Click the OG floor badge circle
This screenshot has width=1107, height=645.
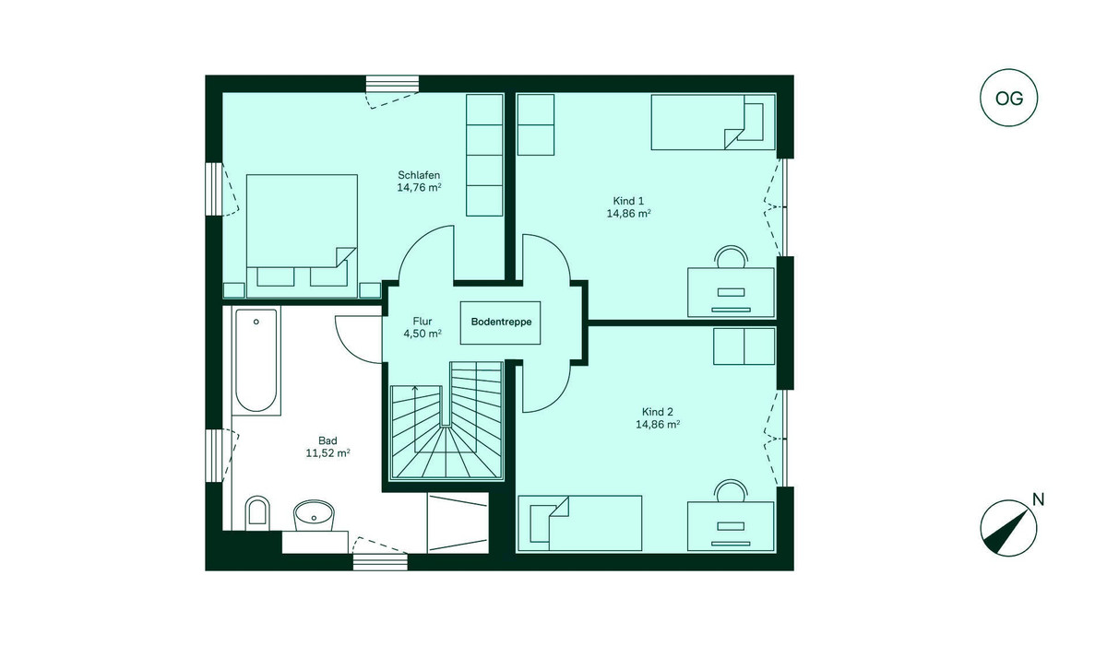[1009, 100]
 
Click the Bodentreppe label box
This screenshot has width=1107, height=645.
[501, 322]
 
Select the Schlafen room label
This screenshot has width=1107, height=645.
[419, 175]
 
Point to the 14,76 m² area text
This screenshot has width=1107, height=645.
[419, 188]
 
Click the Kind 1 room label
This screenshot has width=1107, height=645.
[628, 200]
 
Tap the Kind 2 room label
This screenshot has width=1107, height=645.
[657, 411]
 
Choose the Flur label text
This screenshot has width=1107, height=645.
[423, 322]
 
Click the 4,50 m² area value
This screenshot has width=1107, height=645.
[423, 334]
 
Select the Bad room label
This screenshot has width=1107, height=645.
[327, 440]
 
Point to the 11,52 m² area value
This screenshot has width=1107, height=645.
[327, 452]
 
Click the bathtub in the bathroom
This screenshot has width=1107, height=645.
[257, 361]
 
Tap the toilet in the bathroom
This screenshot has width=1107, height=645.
[257, 514]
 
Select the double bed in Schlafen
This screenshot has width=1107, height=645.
[302, 230]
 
